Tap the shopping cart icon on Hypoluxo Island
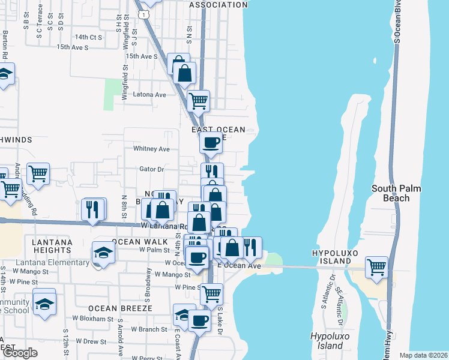click(376, 267)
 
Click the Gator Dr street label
click(152, 170)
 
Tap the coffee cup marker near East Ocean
click(211, 143)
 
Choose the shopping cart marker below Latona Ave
click(198, 100)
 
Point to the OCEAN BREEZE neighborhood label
click(120, 308)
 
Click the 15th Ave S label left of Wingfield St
click(72, 47)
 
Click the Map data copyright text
click(423, 355)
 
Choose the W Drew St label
click(89, 341)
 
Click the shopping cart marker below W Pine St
click(211, 294)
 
